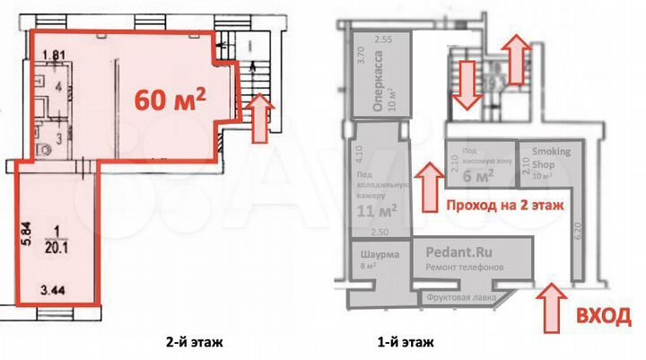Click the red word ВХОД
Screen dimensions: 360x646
point(603,314)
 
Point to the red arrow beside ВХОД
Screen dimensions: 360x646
point(550,304)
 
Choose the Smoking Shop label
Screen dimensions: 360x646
point(550,157)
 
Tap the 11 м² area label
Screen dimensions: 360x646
point(377,212)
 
